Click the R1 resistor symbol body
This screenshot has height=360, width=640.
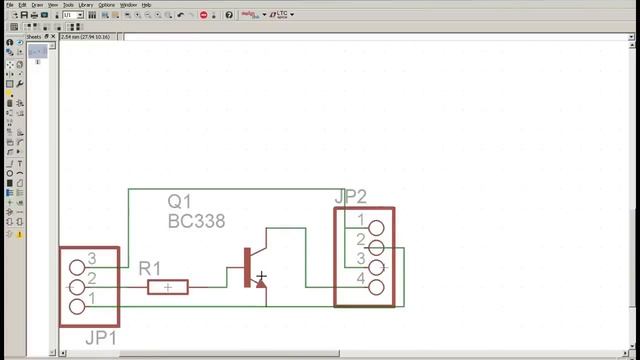[x=168, y=288]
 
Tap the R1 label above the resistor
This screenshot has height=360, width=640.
[x=150, y=268]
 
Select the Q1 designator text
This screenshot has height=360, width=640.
[x=180, y=202]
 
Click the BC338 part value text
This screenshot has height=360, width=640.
[x=196, y=221]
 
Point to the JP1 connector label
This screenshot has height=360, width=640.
[x=101, y=338]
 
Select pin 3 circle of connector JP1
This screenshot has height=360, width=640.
[x=77, y=268]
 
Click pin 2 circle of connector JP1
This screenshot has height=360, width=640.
[x=77, y=288]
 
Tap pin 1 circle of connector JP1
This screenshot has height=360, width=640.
[x=77, y=307]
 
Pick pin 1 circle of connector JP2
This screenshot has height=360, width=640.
[x=376, y=228]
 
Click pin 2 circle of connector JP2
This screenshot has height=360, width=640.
[x=376, y=248]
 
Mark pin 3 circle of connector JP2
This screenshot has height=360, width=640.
[x=376, y=267]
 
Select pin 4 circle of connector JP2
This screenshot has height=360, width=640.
[x=376, y=287]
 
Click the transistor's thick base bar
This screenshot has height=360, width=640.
[x=247, y=268]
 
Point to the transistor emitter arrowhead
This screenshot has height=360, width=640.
[x=260, y=283]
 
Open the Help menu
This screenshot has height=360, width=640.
[x=146, y=5]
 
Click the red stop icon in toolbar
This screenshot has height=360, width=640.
[x=204, y=16]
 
